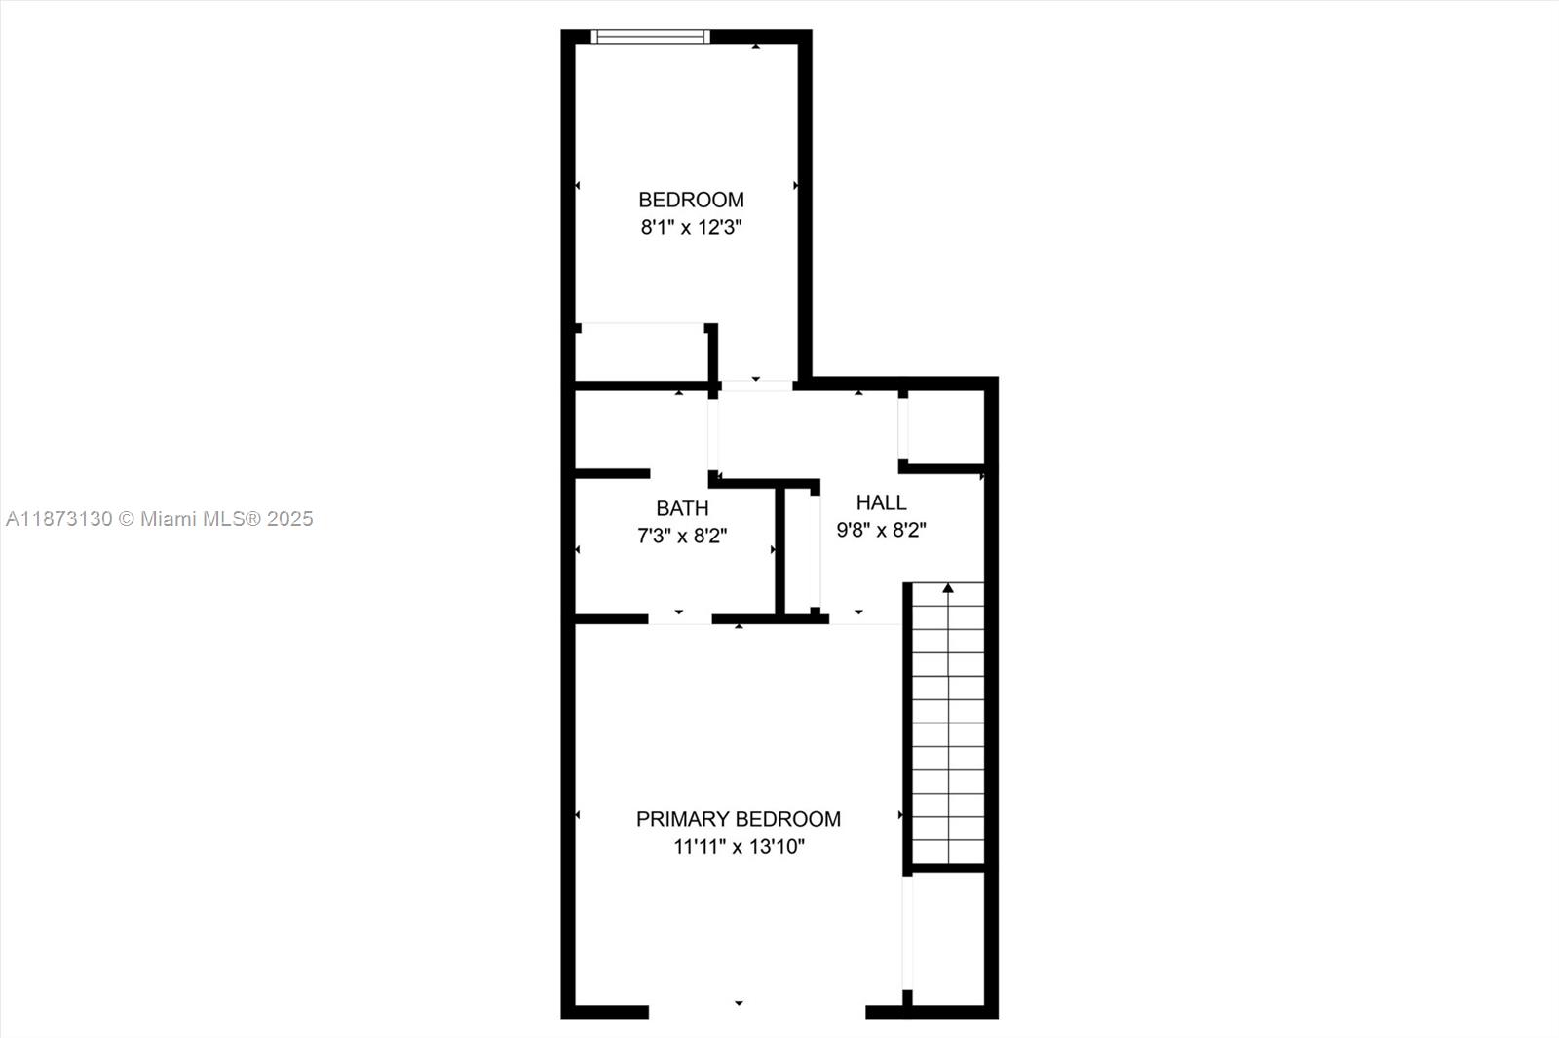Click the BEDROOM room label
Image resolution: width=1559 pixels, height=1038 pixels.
pyautogui.click(x=691, y=200)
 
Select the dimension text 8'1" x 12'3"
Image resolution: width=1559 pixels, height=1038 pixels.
pyautogui.click(x=691, y=228)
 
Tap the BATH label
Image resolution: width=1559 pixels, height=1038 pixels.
pyautogui.click(x=682, y=508)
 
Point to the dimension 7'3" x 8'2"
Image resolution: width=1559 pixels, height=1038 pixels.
pyautogui.click(x=682, y=536)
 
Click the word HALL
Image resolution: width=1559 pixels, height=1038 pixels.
pyautogui.click(x=881, y=502)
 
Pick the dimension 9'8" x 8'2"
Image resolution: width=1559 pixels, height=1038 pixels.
pyautogui.click(x=881, y=530)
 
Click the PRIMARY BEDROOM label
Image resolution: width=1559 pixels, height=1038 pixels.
pyautogui.click(x=738, y=819)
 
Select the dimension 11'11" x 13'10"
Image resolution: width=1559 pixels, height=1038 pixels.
pyautogui.click(x=739, y=847)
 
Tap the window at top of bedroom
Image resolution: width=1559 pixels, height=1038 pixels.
pyautogui.click(x=650, y=37)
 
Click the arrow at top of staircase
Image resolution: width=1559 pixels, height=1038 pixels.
pyautogui.click(x=948, y=588)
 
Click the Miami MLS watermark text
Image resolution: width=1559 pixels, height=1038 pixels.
pyautogui.click(x=159, y=519)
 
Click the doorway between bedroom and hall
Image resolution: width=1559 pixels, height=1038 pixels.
pyautogui.click(x=756, y=386)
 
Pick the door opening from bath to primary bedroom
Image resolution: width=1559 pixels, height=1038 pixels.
pyautogui.click(x=679, y=618)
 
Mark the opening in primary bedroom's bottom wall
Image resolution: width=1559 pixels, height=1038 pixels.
pyautogui.click(x=756, y=1012)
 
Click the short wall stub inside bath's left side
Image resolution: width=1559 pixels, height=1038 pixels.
pyautogui.click(x=612, y=474)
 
